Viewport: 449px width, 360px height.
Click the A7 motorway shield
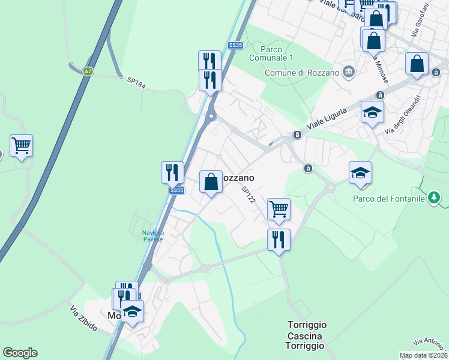(88, 71)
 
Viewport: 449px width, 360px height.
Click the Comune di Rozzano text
(303, 73)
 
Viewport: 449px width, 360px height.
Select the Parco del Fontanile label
(389, 199)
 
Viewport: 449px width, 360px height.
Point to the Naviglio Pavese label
(152, 236)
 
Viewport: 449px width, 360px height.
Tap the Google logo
(20, 353)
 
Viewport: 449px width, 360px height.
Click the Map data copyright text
(424, 355)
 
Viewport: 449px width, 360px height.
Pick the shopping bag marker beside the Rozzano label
(211, 181)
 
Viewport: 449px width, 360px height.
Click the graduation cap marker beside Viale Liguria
(372, 113)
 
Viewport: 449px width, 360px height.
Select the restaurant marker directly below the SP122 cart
(279, 240)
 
